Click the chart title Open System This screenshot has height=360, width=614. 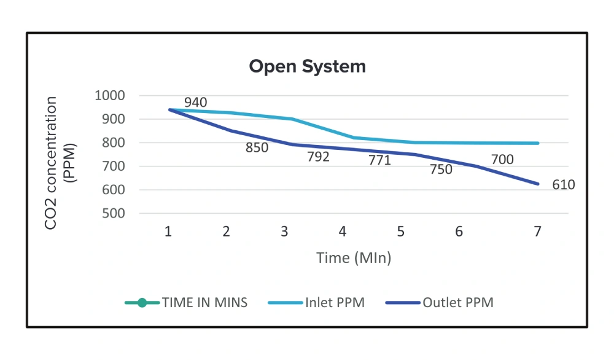pyautogui.click(x=307, y=66)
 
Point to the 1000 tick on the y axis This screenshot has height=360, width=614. pyautogui.click(x=110, y=96)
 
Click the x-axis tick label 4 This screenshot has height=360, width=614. pyautogui.click(x=342, y=232)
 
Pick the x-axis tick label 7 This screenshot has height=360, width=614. pyautogui.click(x=537, y=232)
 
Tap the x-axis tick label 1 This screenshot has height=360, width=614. pyautogui.click(x=168, y=232)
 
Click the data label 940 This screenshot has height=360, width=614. pyautogui.click(x=195, y=103)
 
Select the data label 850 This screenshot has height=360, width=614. pyautogui.click(x=257, y=148)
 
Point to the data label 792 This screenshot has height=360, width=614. pyautogui.click(x=318, y=157)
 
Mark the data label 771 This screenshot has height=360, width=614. pyautogui.click(x=379, y=161)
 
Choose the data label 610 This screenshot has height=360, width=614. pyautogui.click(x=563, y=185)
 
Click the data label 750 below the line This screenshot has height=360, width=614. pyautogui.click(x=440, y=170)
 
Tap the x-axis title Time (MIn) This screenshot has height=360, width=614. pyautogui.click(x=354, y=258)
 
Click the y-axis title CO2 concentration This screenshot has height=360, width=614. pyautogui.click(x=52, y=163)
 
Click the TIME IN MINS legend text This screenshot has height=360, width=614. pyautogui.click(x=204, y=302)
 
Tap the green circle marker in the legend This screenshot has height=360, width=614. pyautogui.click(x=142, y=302)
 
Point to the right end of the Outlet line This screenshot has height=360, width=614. pyautogui.click(x=538, y=184)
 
